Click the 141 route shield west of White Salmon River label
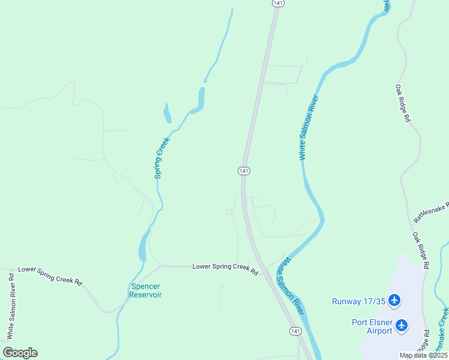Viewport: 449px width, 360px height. [x=244, y=171]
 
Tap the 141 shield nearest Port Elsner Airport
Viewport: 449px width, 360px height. [x=295, y=331]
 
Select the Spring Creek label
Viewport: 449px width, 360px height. [x=161, y=158]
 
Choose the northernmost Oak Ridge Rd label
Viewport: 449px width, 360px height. [x=402, y=103]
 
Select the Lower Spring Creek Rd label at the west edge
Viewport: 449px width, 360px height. [x=50, y=275]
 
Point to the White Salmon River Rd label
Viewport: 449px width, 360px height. [x=11, y=305]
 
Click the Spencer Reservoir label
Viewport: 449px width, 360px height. [x=146, y=290]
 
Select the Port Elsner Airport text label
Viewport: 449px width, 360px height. [x=372, y=326]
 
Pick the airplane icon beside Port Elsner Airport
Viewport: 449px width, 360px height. [x=402, y=326]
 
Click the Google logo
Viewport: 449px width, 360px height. [x=20, y=353]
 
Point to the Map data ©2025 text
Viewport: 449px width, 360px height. [x=423, y=355]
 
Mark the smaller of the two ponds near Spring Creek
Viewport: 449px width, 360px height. [x=167, y=112]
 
